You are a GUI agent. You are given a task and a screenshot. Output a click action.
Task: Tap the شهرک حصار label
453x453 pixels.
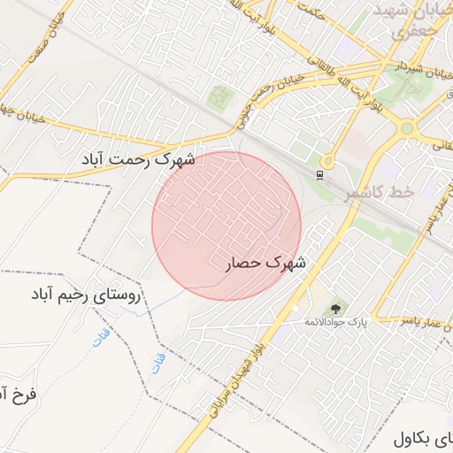pyautogui.click(x=263, y=263)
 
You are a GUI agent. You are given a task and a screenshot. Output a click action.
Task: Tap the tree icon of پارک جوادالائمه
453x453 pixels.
pyautogui.click(x=336, y=309)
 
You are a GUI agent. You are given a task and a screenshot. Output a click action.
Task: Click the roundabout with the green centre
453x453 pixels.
pyautogui.click(x=406, y=128)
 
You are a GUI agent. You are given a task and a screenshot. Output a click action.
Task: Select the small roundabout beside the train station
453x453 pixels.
pyautogui.click(x=328, y=161)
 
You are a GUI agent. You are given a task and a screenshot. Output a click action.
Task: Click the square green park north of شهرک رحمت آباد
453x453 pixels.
pyautogui.click(x=220, y=96)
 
